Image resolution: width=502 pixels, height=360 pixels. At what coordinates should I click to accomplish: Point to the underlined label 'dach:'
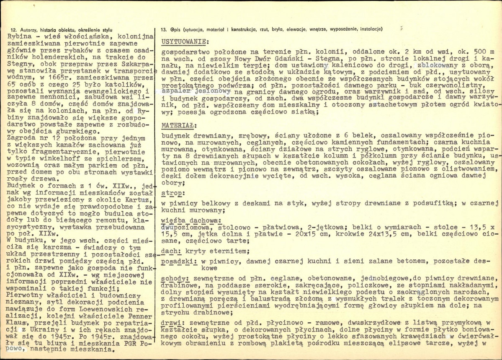point(169,251)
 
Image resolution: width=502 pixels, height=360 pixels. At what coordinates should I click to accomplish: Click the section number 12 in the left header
point(13,29)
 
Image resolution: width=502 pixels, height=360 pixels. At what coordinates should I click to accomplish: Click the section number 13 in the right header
point(164,29)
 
